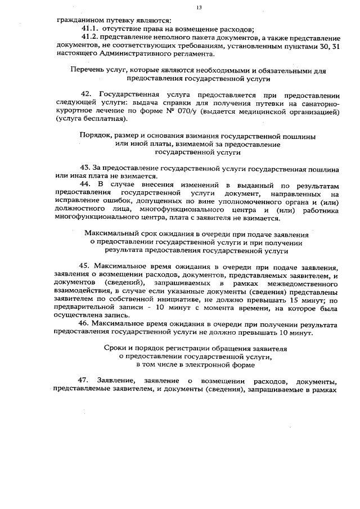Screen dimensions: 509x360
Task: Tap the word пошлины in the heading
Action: [299, 136]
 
